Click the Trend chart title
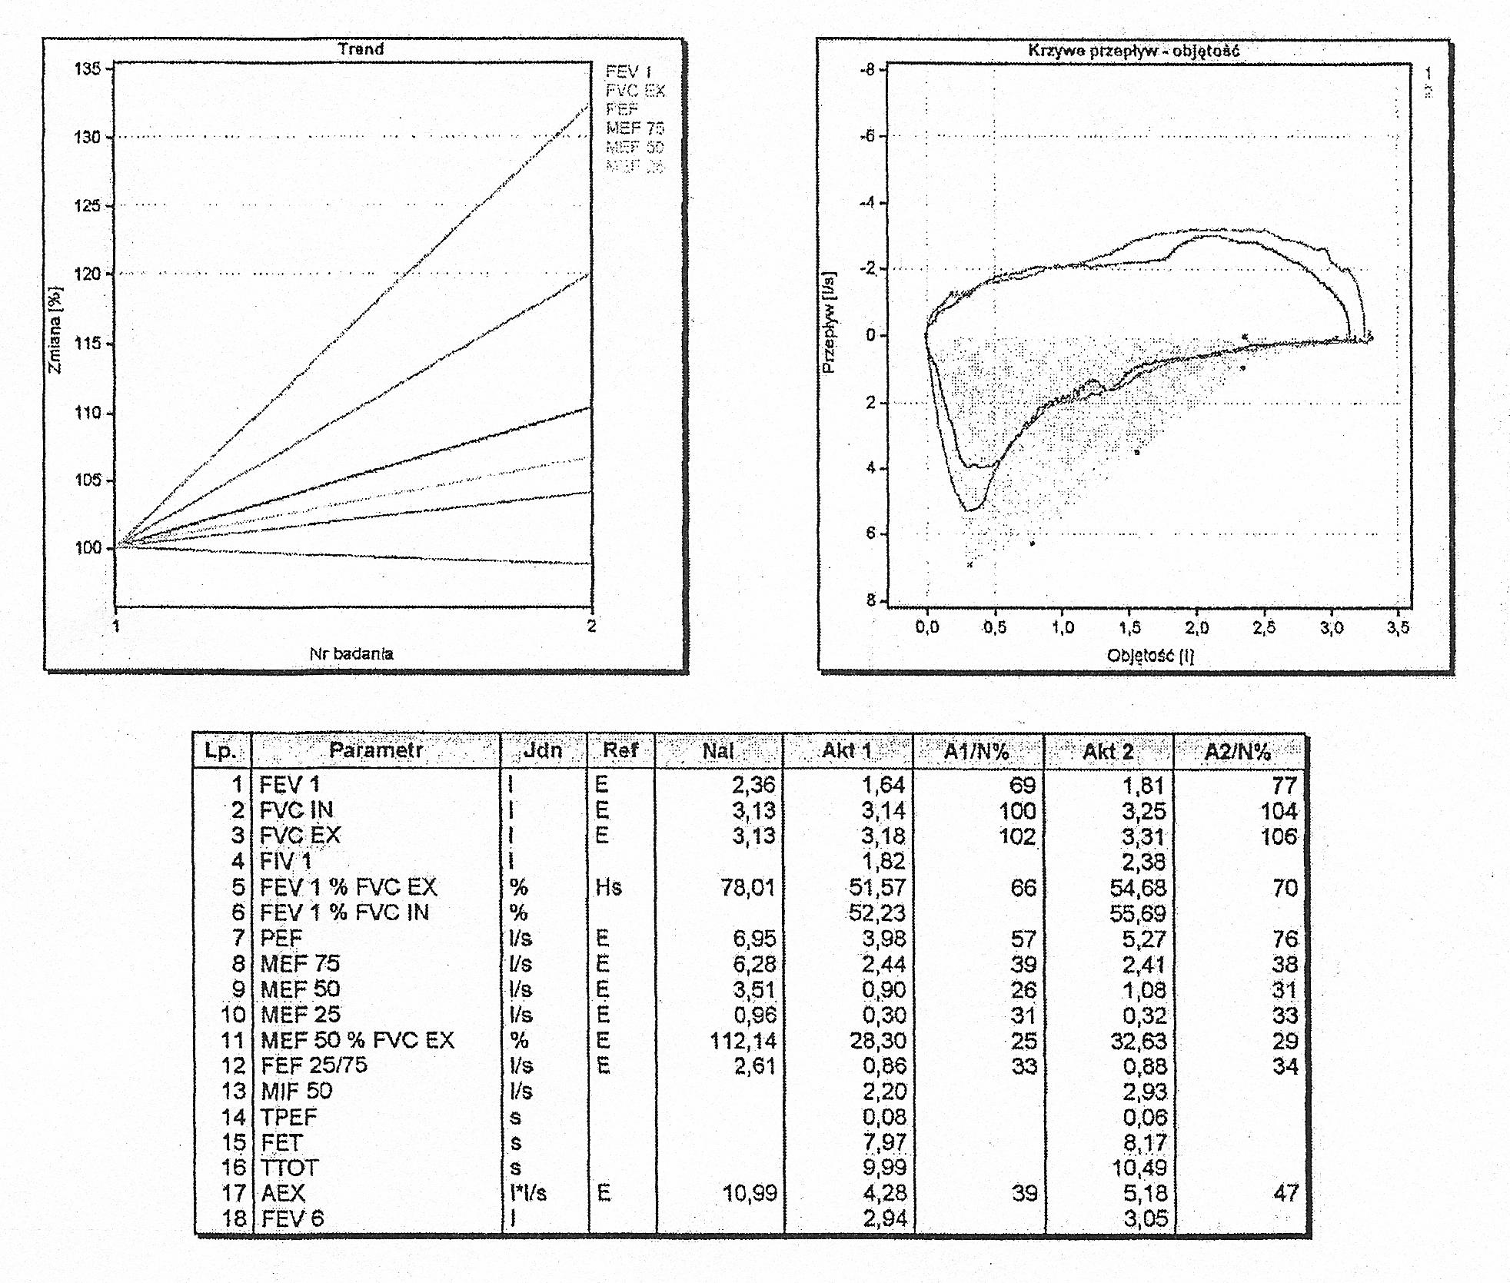(x=361, y=48)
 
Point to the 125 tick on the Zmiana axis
(x=87, y=206)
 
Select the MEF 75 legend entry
(x=634, y=128)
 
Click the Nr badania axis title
(x=351, y=653)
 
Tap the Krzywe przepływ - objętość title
(x=1133, y=51)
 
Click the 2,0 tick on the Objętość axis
(x=1196, y=628)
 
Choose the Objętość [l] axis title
(x=1150, y=656)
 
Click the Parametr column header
(x=376, y=750)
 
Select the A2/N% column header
(x=1237, y=751)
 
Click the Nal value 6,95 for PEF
(x=753, y=939)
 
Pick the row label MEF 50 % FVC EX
(x=358, y=1040)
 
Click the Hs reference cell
(x=608, y=887)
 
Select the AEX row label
(x=283, y=1193)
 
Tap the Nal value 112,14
(x=743, y=1041)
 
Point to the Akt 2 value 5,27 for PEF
(x=1143, y=939)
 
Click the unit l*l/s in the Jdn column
(x=527, y=1193)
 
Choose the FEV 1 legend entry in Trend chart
(x=628, y=71)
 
